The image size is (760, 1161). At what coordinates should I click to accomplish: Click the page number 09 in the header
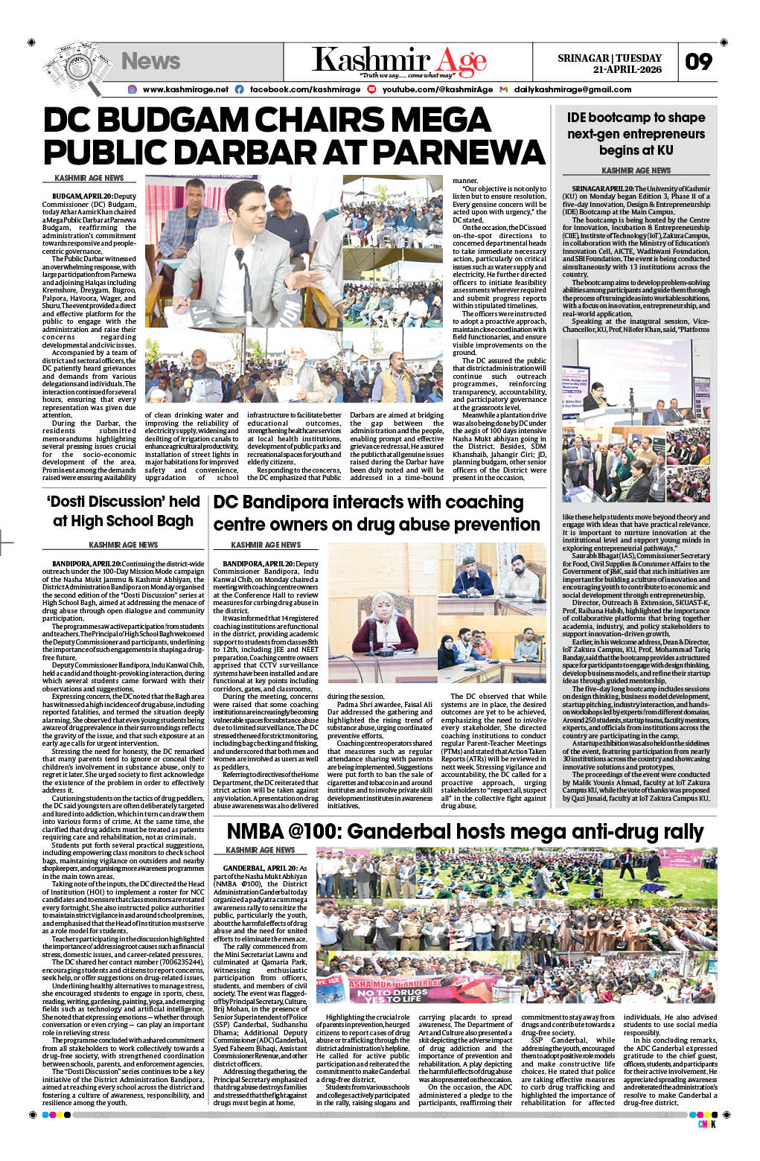(x=698, y=62)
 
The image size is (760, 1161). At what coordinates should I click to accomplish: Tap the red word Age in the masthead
(x=462, y=61)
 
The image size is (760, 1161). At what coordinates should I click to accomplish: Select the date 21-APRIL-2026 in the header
(x=627, y=69)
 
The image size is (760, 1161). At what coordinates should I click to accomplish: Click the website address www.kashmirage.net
(x=185, y=89)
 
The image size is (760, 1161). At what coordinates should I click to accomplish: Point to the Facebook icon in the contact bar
(x=240, y=89)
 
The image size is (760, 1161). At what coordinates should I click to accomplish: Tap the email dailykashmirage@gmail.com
(x=572, y=89)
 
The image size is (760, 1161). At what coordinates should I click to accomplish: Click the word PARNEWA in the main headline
(x=459, y=153)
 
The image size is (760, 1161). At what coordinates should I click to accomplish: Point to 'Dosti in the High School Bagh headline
(x=79, y=502)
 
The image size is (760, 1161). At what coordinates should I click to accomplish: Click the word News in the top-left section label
(x=150, y=61)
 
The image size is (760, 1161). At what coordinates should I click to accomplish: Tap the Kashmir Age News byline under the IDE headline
(x=636, y=170)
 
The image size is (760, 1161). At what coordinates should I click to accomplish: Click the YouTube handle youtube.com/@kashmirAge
(x=437, y=89)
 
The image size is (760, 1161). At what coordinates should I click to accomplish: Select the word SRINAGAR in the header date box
(x=584, y=58)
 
